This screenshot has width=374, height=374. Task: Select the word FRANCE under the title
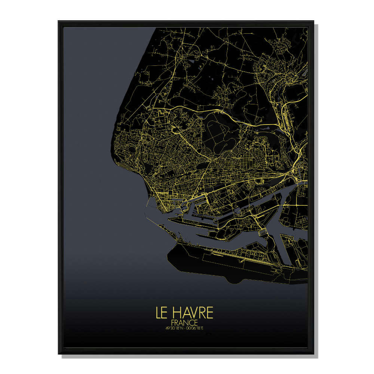pyautogui.click(x=184, y=322)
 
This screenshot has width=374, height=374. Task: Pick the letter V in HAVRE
pyautogui.click(x=192, y=313)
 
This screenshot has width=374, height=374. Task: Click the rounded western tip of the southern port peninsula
pyautogui.click(x=169, y=254)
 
